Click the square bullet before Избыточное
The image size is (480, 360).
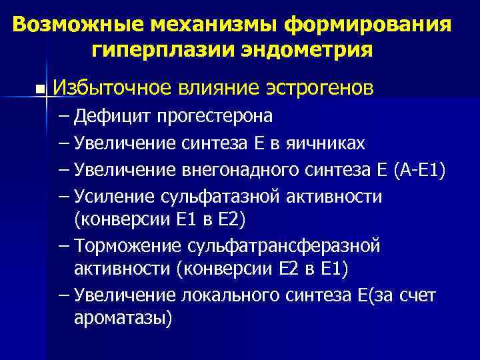coord(43,89)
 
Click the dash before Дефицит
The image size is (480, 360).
coord(63,116)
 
